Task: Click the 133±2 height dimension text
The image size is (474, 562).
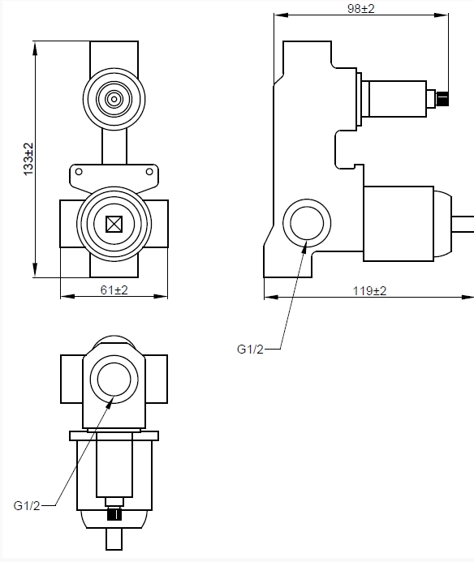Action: point(28,160)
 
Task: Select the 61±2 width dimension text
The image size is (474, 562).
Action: point(114,290)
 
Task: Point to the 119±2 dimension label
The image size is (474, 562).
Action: point(370,290)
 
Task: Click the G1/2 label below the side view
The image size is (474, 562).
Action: point(250,349)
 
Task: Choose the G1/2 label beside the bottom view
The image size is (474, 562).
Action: point(27,504)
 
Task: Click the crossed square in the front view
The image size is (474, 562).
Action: point(114,222)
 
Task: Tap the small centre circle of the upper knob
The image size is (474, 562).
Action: point(113,100)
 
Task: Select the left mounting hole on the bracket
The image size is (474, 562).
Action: point(79,171)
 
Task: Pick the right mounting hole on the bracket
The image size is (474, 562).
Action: point(149,171)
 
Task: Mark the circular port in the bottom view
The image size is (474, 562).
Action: point(114,378)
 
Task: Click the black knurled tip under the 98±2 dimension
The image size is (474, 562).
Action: point(442,100)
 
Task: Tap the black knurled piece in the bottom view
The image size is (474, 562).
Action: point(114,513)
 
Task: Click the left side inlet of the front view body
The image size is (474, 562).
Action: point(68,222)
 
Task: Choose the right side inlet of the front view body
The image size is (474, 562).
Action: point(159,222)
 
